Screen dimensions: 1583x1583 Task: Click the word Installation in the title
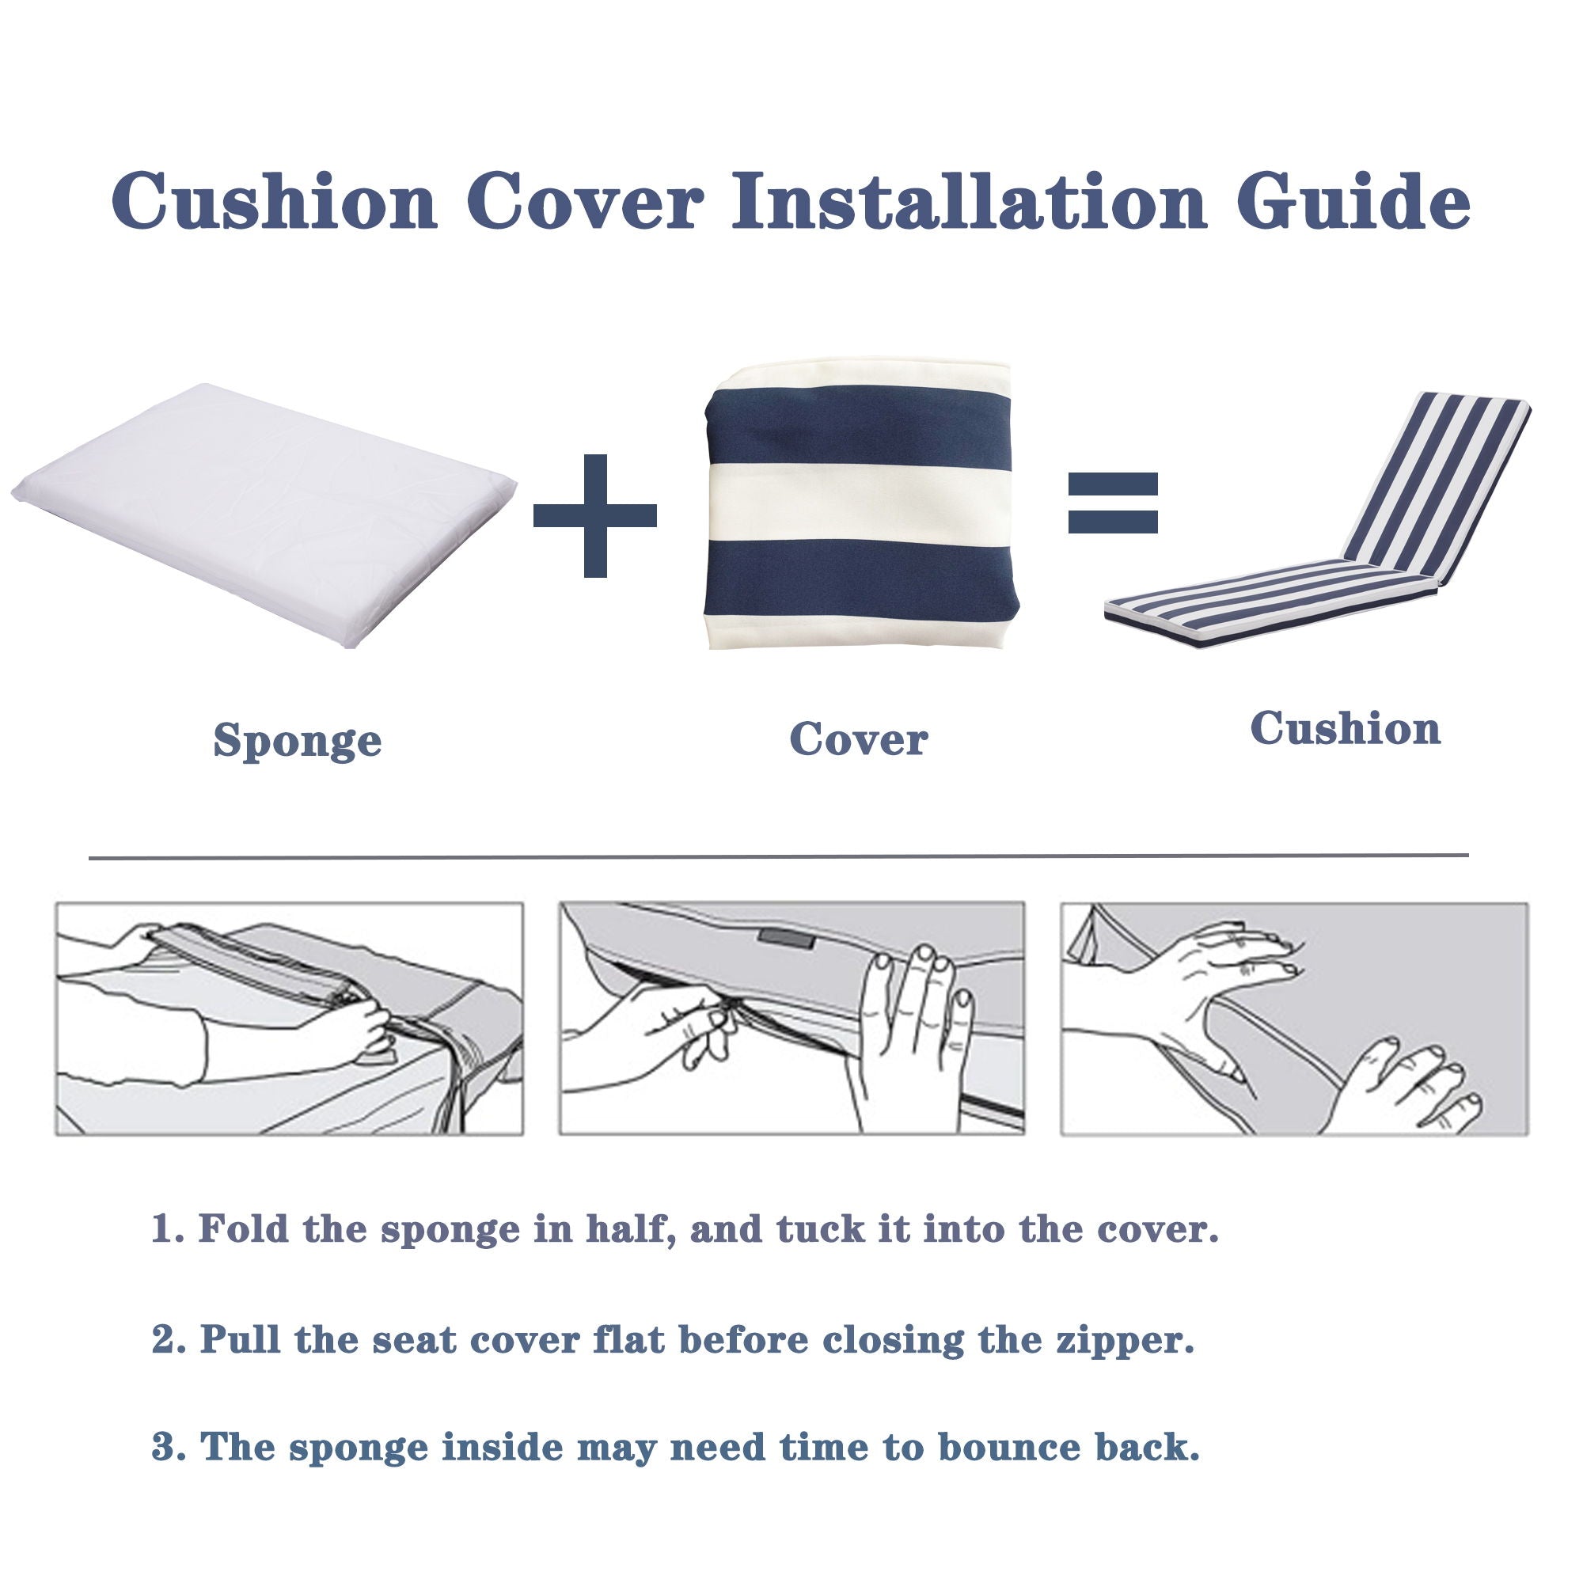(969, 201)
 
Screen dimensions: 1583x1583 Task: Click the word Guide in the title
(1353, 201)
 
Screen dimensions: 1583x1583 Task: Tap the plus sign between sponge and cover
(595, 515)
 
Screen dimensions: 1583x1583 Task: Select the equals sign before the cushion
(1112, 503)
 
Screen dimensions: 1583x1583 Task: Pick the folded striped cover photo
(858, 508)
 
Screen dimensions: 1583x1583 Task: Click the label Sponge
(298, 742)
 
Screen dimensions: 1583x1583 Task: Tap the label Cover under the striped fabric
(858, 740)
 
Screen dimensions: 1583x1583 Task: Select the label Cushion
(1345, 728)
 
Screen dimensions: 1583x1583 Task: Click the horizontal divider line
(778, 857)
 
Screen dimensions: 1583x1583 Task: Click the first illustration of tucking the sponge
(288, 1019)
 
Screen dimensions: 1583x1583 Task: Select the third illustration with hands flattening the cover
(1294, 1019)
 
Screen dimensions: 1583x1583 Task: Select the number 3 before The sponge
(164, 1446)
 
